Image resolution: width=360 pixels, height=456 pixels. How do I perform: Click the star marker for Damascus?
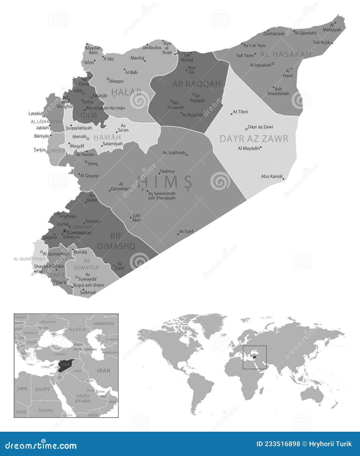[x=65, y=232]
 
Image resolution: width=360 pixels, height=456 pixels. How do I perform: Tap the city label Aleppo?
[x=116, y=81]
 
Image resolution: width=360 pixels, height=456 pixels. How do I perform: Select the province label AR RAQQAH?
[x=197, y=84]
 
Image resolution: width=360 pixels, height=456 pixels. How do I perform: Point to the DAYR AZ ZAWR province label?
[x=254, y=139]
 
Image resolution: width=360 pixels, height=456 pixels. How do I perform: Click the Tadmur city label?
[x=167, y=171]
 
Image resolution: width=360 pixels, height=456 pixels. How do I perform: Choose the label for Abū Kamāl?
[x=272, y=176]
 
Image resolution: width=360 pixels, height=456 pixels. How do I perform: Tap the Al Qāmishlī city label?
[x=305, y=33]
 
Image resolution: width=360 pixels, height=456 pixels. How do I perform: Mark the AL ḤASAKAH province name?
[x=285, y=54]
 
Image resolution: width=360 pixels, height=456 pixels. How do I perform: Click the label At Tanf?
[x=186, y=232]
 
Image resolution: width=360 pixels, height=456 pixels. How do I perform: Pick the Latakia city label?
[x=35, y=114]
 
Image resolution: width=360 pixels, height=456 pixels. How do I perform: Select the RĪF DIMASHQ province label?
[x=116, y=241]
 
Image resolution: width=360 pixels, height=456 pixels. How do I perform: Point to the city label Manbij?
[x=137, y=58]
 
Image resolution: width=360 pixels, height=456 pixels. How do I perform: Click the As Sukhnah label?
[x=174, y=153]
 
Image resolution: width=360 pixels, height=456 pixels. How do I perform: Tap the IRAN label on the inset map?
[x=104, y=371]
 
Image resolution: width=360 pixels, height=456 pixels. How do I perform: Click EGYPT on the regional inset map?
[x=43, y=389]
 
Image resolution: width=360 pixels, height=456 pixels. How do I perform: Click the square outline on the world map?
[x=255, y=358]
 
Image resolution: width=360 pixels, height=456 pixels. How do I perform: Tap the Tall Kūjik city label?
[x=321, y=42]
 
